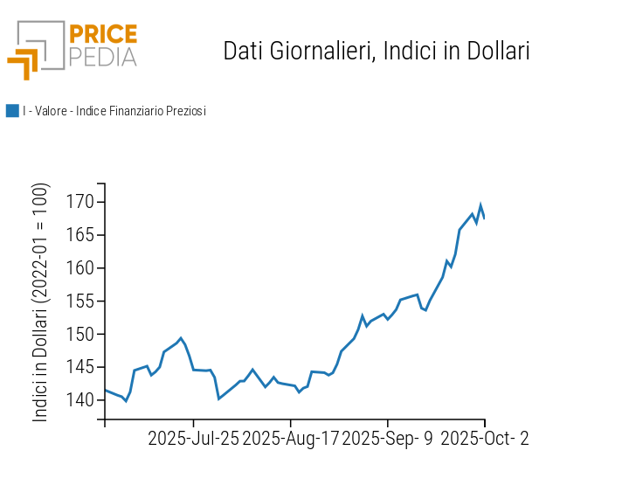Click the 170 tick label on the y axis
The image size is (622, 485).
click(79, 203)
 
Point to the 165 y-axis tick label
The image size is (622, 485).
click(79, 236)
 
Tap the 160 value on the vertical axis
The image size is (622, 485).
click(79, 268)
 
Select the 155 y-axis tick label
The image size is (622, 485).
click(79, 301)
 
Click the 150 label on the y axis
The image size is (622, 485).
click(79, 335)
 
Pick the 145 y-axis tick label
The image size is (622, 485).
click(79, 367)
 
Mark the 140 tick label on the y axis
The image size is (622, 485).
click(79, 400)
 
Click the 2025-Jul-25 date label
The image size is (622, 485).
click(193, 439)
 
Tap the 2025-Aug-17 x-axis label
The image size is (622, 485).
click(290, 439)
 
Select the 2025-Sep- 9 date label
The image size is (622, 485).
click(387, 439)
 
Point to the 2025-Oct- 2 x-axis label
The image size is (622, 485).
click(485, 439)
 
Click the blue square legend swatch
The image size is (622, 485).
click(12, 111)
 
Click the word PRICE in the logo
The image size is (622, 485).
click(103, 35)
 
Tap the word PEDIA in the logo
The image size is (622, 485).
click(103, 57)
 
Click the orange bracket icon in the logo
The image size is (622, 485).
click(24, 64)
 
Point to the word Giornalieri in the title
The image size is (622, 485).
click(320, 51)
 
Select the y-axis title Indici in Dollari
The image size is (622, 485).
click(41, 302)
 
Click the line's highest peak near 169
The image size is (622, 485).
click(480, 205)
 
